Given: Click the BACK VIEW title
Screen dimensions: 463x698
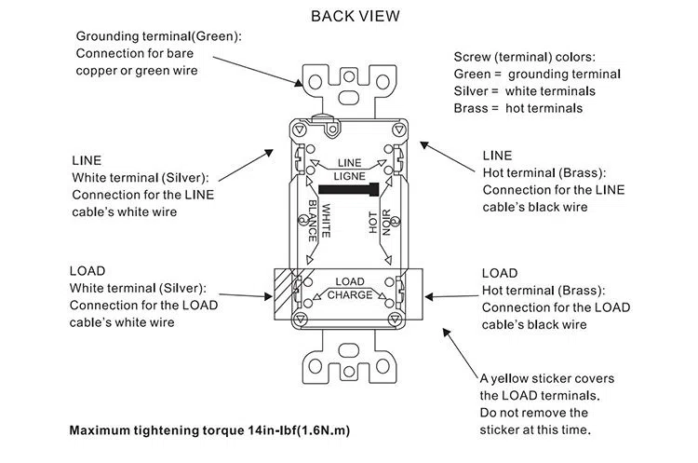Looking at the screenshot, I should coord(356,16).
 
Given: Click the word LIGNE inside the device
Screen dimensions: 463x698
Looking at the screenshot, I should coord(349,175).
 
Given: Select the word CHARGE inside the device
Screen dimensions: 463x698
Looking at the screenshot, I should coord(349,295).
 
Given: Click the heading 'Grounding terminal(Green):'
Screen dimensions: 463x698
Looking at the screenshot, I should coord(158,35).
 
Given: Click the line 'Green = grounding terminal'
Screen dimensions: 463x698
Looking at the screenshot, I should coord(537,74).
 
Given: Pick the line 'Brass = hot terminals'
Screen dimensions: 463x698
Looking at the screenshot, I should coord(518,108).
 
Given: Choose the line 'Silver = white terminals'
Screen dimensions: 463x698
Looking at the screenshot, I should coord(525,91).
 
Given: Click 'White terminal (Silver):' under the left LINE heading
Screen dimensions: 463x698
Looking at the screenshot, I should coord(141,177).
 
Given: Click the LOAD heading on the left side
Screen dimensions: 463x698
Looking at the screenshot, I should coord(87,271).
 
